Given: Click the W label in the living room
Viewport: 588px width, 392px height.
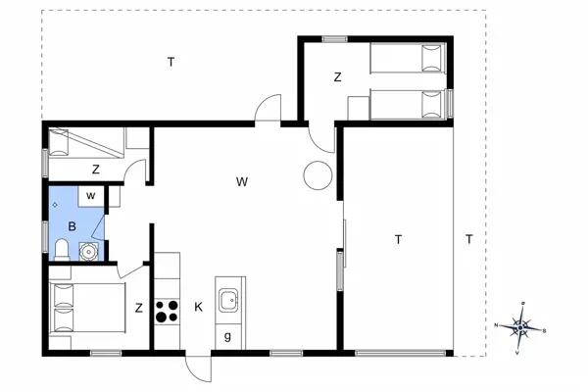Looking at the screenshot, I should point(241,181).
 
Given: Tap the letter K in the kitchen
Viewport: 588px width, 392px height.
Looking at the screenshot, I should point(198,308).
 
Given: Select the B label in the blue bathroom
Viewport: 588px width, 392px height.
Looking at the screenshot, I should point(72,225).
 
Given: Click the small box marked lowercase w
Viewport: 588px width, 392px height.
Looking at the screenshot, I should point(90,196).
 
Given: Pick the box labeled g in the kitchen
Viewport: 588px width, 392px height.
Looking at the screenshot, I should point(227,336).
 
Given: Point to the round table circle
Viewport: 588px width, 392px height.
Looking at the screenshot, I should point(318,175).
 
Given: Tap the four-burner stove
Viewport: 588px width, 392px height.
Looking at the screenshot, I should point(167,311).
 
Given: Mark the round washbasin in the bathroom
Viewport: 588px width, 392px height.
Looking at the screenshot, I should point(89,251).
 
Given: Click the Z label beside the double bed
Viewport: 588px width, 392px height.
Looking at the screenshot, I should point(139,308).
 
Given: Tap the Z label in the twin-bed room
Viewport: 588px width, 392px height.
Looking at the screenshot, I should point(336,76).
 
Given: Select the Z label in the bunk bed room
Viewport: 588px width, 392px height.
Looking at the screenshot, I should point(96,170).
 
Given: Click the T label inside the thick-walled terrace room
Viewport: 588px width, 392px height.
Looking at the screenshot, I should point(398,239).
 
